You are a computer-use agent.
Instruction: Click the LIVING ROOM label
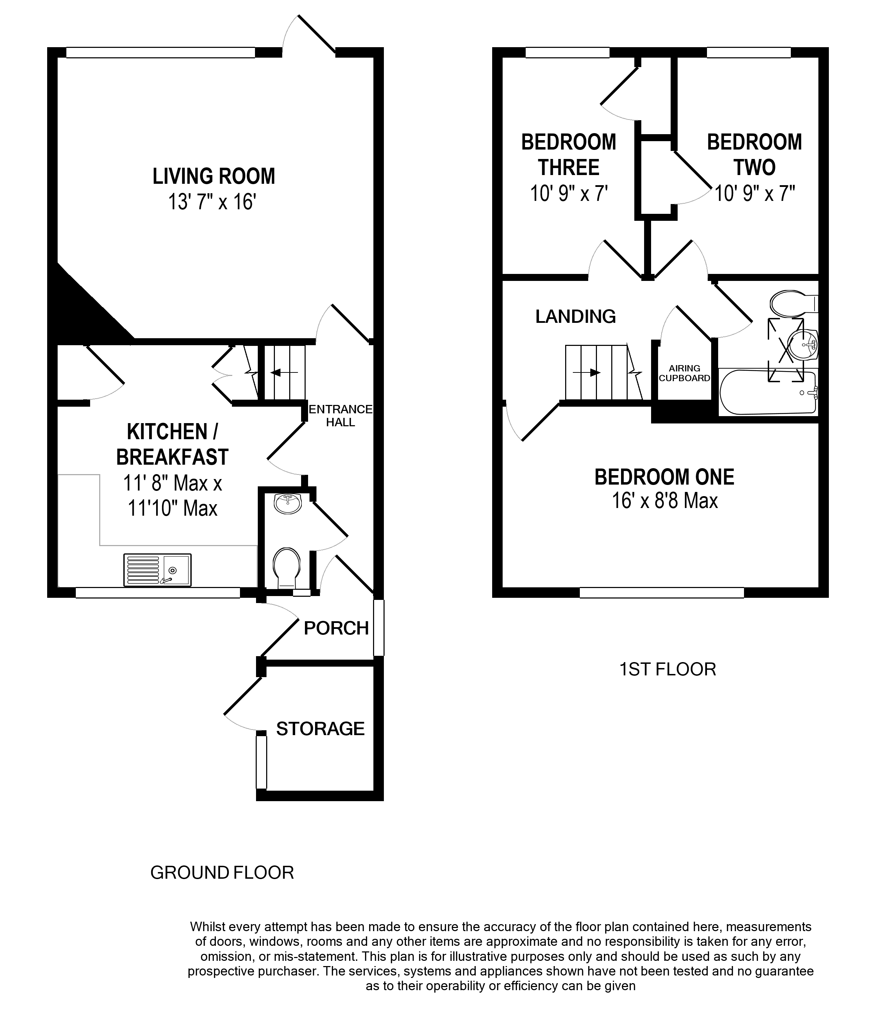(214, 176)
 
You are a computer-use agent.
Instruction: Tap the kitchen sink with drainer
(157, 570)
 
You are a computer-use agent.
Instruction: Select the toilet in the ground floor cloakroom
(287, 568)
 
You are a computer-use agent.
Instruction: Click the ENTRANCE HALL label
(341, 415)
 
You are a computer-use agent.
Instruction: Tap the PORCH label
(336, 628)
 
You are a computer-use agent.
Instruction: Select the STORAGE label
(321, 729)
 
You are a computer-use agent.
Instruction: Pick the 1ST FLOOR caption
(667, 669)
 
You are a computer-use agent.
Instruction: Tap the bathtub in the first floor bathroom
(768, 393)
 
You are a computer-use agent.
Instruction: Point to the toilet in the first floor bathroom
(794, 303)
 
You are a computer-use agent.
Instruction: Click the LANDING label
(575, 316)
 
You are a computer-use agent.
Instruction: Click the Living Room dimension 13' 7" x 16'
(212, 202)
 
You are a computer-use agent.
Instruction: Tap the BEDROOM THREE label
(569, 154)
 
